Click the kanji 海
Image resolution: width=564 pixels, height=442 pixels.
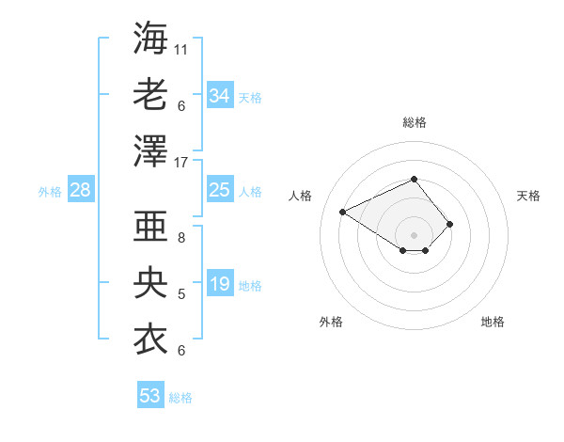(x=150, y=39)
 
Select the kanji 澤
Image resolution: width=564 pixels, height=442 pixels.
(x=150, y=150)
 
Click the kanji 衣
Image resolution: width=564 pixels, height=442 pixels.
(x=150, y=339)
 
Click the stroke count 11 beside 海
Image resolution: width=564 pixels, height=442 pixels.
(x=181, y=48)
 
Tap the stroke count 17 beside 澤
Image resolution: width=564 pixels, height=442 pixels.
(x=181, y=161)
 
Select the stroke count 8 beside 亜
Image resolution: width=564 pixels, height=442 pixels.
(x=181, y=239)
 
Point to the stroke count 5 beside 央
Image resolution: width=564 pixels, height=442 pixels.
(x=181, y=294)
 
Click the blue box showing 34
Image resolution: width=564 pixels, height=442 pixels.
(x=220, y=95)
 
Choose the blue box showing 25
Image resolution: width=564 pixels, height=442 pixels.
(x=220, y=191)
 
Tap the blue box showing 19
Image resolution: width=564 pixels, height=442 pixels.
(x=220, y=284)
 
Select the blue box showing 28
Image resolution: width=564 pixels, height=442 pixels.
(x=80, y=191)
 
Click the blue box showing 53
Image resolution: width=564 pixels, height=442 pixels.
(x=150, y=395)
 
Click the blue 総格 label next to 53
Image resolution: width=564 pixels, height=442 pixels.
(x=180, y=398)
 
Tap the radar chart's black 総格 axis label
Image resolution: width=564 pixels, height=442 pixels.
(x=414, y=122)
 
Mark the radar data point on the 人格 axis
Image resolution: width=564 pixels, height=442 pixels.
(x=343, y=211)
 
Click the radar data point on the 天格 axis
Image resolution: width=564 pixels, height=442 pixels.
(x=450, y=224)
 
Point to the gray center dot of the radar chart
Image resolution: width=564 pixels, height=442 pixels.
(x=414, y=234)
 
